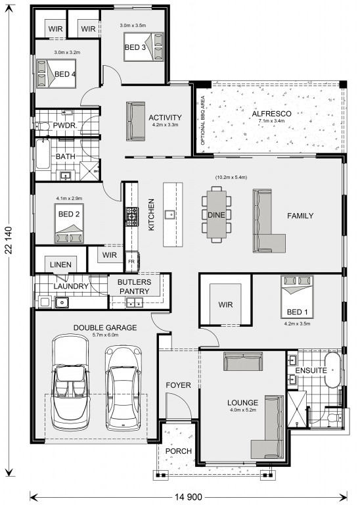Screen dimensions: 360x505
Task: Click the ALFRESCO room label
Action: click(x=271, y=114)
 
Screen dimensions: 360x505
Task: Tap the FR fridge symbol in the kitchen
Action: click(x=132, y=262)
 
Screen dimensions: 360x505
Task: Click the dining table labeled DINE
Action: click(x=217, y=214)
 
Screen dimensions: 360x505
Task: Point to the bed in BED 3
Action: click(x=144, y=47)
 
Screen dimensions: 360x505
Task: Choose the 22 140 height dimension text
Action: click(x=9, y=241)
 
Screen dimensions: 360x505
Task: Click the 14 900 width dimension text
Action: click(x=189, y=496)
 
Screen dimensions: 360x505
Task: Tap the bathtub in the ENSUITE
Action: click(x=332, y=370)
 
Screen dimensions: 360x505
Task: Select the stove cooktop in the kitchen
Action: click(x=132, y=216)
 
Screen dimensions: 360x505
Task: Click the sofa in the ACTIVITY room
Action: click(x=136, y=121)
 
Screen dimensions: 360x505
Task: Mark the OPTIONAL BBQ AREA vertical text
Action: click(x=203, y=120)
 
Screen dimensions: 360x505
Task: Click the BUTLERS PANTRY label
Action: click(x=134, y=287)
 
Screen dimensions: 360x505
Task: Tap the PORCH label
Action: click(x=179, y=451)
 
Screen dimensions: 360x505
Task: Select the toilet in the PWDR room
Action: click(x=42, y=126)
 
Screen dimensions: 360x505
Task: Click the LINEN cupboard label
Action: click(x=61, y=265)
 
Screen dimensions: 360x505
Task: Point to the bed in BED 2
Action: click(x=69, y=224)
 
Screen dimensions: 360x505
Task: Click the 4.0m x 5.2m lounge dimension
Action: click(x=243, y=410)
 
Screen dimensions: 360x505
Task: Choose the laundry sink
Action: click(x=62, y=302)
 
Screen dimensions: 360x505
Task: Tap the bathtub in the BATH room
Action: click(x=43, y=155)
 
